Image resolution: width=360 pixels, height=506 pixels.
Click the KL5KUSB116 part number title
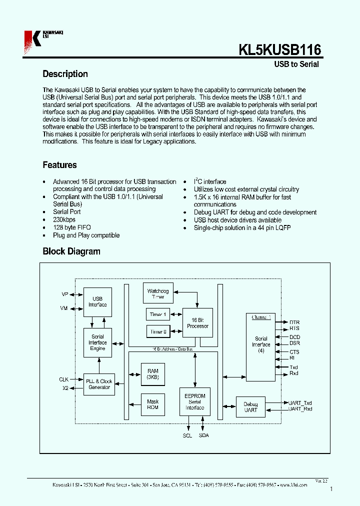click(279, 50)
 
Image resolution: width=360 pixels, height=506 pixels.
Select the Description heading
click(65, 74)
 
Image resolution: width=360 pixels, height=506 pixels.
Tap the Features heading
click(59, 165)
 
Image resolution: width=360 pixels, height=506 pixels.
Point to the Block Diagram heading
click(71, 251)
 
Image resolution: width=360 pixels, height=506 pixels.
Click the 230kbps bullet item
click(64, 219)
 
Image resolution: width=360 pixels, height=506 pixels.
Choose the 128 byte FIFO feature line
click(71, 227)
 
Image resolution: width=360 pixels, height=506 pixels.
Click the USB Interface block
click(97, 301)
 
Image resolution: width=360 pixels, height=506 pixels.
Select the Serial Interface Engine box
click(97, 343)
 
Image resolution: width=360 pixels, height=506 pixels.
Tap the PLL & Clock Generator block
click(99, 384)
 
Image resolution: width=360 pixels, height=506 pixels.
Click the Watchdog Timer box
click(158, 294)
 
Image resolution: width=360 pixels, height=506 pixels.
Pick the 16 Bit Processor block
click(197, 323)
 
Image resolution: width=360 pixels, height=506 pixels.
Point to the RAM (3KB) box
click(152, 374)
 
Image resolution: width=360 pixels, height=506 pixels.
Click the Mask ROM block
click(152, 404)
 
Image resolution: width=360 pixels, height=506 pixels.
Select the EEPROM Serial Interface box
click(195, 401)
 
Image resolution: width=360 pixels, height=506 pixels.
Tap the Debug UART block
click(250, 407)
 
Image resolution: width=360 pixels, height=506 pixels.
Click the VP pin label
click(64, 295)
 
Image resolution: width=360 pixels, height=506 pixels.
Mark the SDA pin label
click(203, 435)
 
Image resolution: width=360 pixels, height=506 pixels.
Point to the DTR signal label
click(294, 322)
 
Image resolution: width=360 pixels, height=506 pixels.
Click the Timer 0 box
click(158, 331)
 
